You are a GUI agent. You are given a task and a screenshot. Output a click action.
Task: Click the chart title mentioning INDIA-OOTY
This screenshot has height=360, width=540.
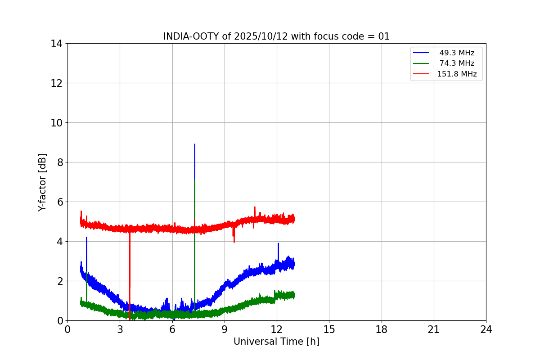276,36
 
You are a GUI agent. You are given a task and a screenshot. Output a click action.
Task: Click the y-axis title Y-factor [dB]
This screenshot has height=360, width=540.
42,182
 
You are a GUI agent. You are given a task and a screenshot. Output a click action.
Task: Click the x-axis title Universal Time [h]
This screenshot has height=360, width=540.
276,342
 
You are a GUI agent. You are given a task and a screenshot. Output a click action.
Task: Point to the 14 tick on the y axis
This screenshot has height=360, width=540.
57,44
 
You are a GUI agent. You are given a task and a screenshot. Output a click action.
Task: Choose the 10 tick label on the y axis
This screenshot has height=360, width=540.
57,123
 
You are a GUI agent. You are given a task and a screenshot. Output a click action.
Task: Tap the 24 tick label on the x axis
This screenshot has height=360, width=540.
486,329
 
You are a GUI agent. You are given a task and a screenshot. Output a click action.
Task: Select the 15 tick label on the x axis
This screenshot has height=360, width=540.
329,329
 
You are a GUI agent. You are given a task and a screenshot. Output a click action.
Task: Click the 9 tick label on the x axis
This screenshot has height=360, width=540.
225,329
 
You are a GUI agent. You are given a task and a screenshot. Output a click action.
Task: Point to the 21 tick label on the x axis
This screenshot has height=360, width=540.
434,329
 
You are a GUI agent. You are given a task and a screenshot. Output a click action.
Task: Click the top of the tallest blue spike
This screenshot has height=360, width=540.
194,144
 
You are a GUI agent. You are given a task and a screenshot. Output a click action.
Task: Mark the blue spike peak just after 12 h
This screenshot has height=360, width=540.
278,243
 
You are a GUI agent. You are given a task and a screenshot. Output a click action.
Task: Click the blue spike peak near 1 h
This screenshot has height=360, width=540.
86,238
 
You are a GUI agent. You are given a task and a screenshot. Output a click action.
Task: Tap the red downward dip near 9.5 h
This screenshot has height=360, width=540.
234,242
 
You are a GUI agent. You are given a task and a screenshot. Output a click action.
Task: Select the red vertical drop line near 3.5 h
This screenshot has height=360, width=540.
130,274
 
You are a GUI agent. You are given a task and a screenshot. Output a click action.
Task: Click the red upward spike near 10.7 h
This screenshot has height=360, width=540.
255,207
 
